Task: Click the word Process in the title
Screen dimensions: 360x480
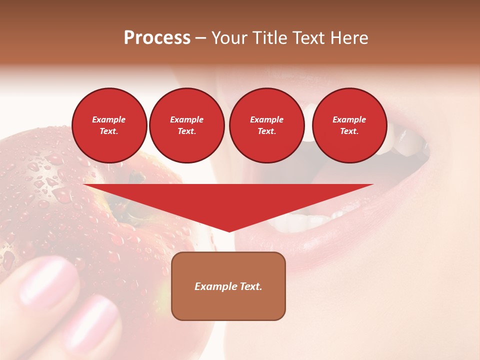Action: coord(157,38)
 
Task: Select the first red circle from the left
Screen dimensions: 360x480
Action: coord(109,125)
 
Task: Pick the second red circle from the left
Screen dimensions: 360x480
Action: coord(186,125)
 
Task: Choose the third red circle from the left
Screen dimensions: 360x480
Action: coord(266,125)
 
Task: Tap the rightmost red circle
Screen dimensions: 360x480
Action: coord(349,125)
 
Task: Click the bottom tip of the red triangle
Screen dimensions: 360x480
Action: coord(229,231)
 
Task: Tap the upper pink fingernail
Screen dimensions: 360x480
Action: coord(47,280)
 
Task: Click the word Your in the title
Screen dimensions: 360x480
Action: coord(228,38)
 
